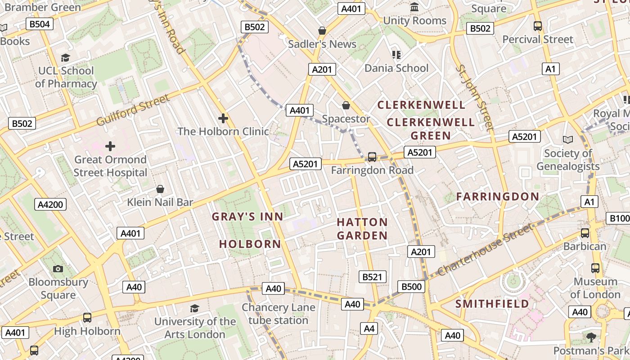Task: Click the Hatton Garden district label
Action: [x=362, y=229]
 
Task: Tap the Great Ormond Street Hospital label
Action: [x=110, y=166]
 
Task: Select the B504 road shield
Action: [x=40, y=24]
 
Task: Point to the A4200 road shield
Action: [x=50, y=205]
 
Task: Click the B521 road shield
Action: [x=372, y=277]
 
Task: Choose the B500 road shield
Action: [x=411, y=287]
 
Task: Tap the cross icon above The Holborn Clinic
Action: [x=223, y=118]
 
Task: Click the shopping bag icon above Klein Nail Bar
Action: [x=160, y=189]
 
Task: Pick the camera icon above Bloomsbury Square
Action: [x=58, y=269]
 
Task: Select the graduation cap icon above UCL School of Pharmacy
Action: [x=66, y=58]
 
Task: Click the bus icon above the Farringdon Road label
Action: [x=372, y=157]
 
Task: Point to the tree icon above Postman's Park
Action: [x=591, y=337]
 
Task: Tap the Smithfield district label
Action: [x=492, y=304]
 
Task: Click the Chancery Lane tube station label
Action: [x=278, y=314]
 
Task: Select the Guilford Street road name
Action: [x=133, y=110]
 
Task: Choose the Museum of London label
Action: [x=595, y=288]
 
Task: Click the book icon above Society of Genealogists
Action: [x=568, y=139]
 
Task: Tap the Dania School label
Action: [x=396, y=68]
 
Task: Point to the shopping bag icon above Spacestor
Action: [x=346, y=106]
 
